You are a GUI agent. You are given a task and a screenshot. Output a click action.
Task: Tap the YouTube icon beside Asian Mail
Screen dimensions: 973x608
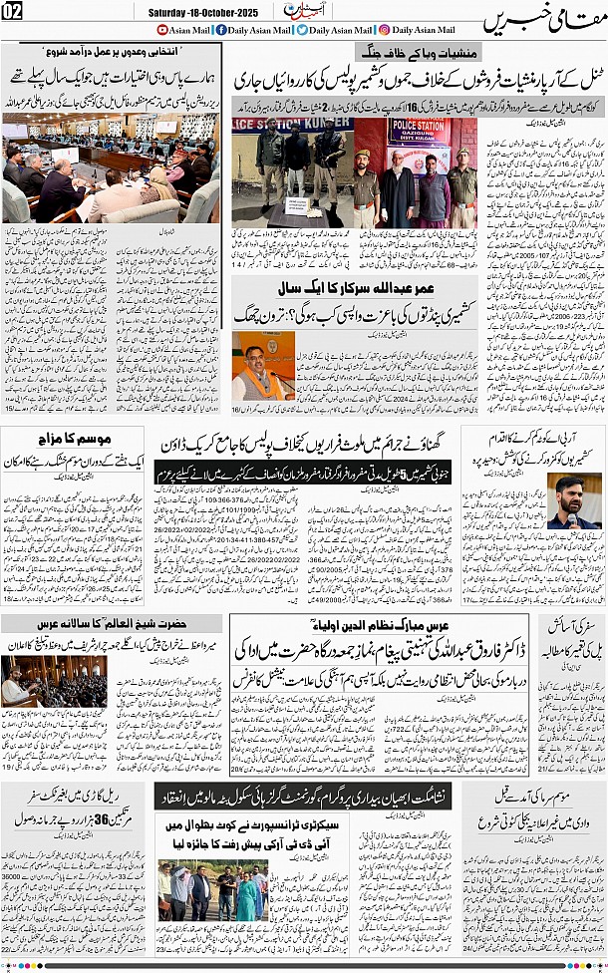point(162,30)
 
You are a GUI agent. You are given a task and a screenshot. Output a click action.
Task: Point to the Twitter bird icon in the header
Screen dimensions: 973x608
point(301,30)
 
